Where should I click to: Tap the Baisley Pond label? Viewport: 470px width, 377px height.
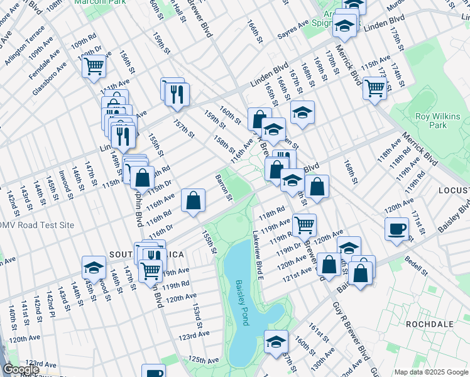click(x=242, y=302)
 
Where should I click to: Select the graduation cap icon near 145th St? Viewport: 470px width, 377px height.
click(x=94, y=267)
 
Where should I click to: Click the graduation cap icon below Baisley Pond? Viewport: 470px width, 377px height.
click(x=275, y=342)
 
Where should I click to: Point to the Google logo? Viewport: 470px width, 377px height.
click(x=20, y=370)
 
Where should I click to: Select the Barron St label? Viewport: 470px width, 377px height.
click(x=225, y=188)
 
